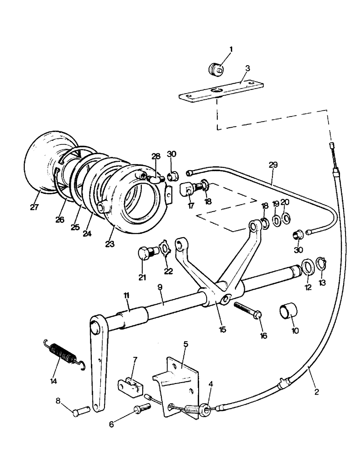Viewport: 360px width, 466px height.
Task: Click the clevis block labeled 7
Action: (x=131, y=386)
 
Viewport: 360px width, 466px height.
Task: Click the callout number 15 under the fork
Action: (x=222, y=329)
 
